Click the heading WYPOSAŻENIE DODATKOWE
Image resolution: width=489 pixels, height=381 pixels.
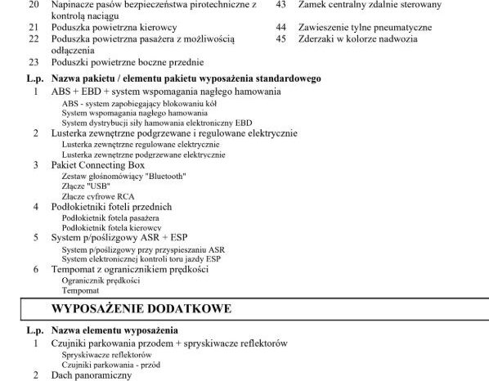coord(141,308)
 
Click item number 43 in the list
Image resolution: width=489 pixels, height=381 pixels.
coord(280,4)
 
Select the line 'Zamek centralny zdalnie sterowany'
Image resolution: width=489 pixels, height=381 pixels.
coord(370,4)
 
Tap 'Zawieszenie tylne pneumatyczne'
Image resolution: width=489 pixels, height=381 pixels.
coord(365,27)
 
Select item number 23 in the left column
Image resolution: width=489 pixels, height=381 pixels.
coord(34,62)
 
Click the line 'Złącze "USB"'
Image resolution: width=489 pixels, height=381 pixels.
coord(86,186)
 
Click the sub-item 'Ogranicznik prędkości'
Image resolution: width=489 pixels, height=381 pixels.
coord(101,280)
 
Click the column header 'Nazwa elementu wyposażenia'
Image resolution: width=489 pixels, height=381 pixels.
coord(114,330)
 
